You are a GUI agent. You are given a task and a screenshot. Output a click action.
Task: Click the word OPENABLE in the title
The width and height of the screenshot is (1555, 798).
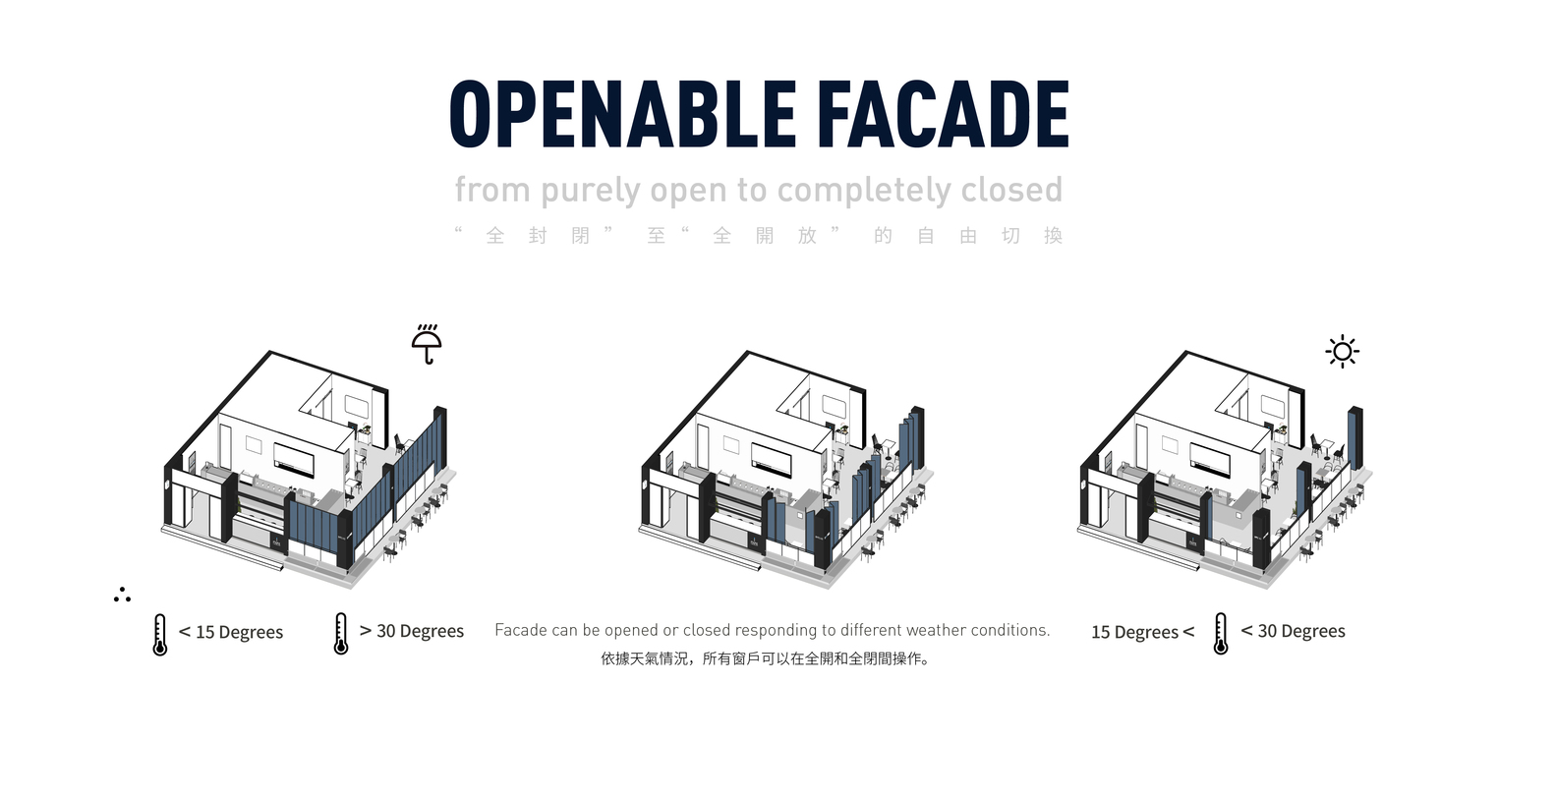pos(622,114)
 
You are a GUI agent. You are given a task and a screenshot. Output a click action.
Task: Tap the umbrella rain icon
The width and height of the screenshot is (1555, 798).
pos(427,344)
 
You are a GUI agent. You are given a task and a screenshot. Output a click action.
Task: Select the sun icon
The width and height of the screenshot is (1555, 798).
pos(1342,352)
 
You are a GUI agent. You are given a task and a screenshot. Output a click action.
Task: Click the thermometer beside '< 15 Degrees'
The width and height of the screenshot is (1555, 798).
pos(159,634)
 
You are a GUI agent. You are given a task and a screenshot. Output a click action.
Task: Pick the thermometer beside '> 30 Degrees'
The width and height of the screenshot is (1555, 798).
pos(340,633)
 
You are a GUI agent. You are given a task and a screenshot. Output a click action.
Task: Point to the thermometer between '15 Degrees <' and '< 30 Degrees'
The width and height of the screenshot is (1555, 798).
pos(1221,633)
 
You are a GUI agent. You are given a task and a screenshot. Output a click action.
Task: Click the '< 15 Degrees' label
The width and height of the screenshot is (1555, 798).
pos(231,632)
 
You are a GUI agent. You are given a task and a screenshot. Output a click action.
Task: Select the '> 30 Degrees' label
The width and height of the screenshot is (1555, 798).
pos(412,631)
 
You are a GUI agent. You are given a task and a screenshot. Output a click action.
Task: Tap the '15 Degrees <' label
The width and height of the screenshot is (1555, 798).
pos(1142,632)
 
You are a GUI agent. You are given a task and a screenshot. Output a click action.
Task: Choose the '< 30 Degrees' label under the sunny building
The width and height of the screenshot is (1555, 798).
pos(1293,631)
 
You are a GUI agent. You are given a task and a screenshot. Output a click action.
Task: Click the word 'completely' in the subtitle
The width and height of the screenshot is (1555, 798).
pos(858,191)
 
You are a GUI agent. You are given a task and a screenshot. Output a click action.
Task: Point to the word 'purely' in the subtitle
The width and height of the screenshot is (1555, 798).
pos(591,191)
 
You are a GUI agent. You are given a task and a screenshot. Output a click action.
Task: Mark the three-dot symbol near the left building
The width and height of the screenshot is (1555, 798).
pos(122,595)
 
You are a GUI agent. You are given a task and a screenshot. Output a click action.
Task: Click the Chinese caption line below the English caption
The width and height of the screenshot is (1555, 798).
pos(765,658)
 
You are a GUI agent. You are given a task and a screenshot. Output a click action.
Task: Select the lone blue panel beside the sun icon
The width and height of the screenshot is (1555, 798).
pos(1355,437)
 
